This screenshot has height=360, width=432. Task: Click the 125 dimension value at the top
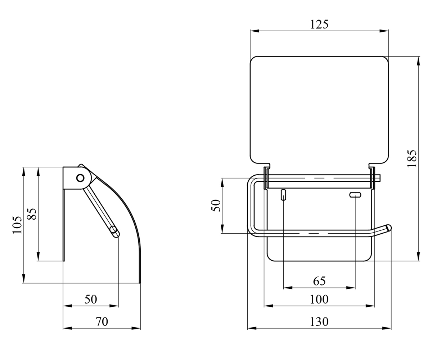tap(319, 24)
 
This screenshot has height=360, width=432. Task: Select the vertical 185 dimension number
tap(412, 158)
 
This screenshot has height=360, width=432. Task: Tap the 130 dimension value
tap(319, 322)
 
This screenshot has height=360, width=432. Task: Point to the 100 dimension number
tap(319, 300)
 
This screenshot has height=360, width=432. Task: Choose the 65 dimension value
tap(319, 281)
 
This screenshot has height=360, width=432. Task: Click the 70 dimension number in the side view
tap(102, 322)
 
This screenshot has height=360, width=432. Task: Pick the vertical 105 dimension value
tap(17, 225)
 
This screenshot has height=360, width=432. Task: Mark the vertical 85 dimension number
tap(32, 214)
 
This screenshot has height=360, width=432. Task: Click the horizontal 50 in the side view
tap(91, 300)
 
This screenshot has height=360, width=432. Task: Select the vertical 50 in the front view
tap(216, 206)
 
